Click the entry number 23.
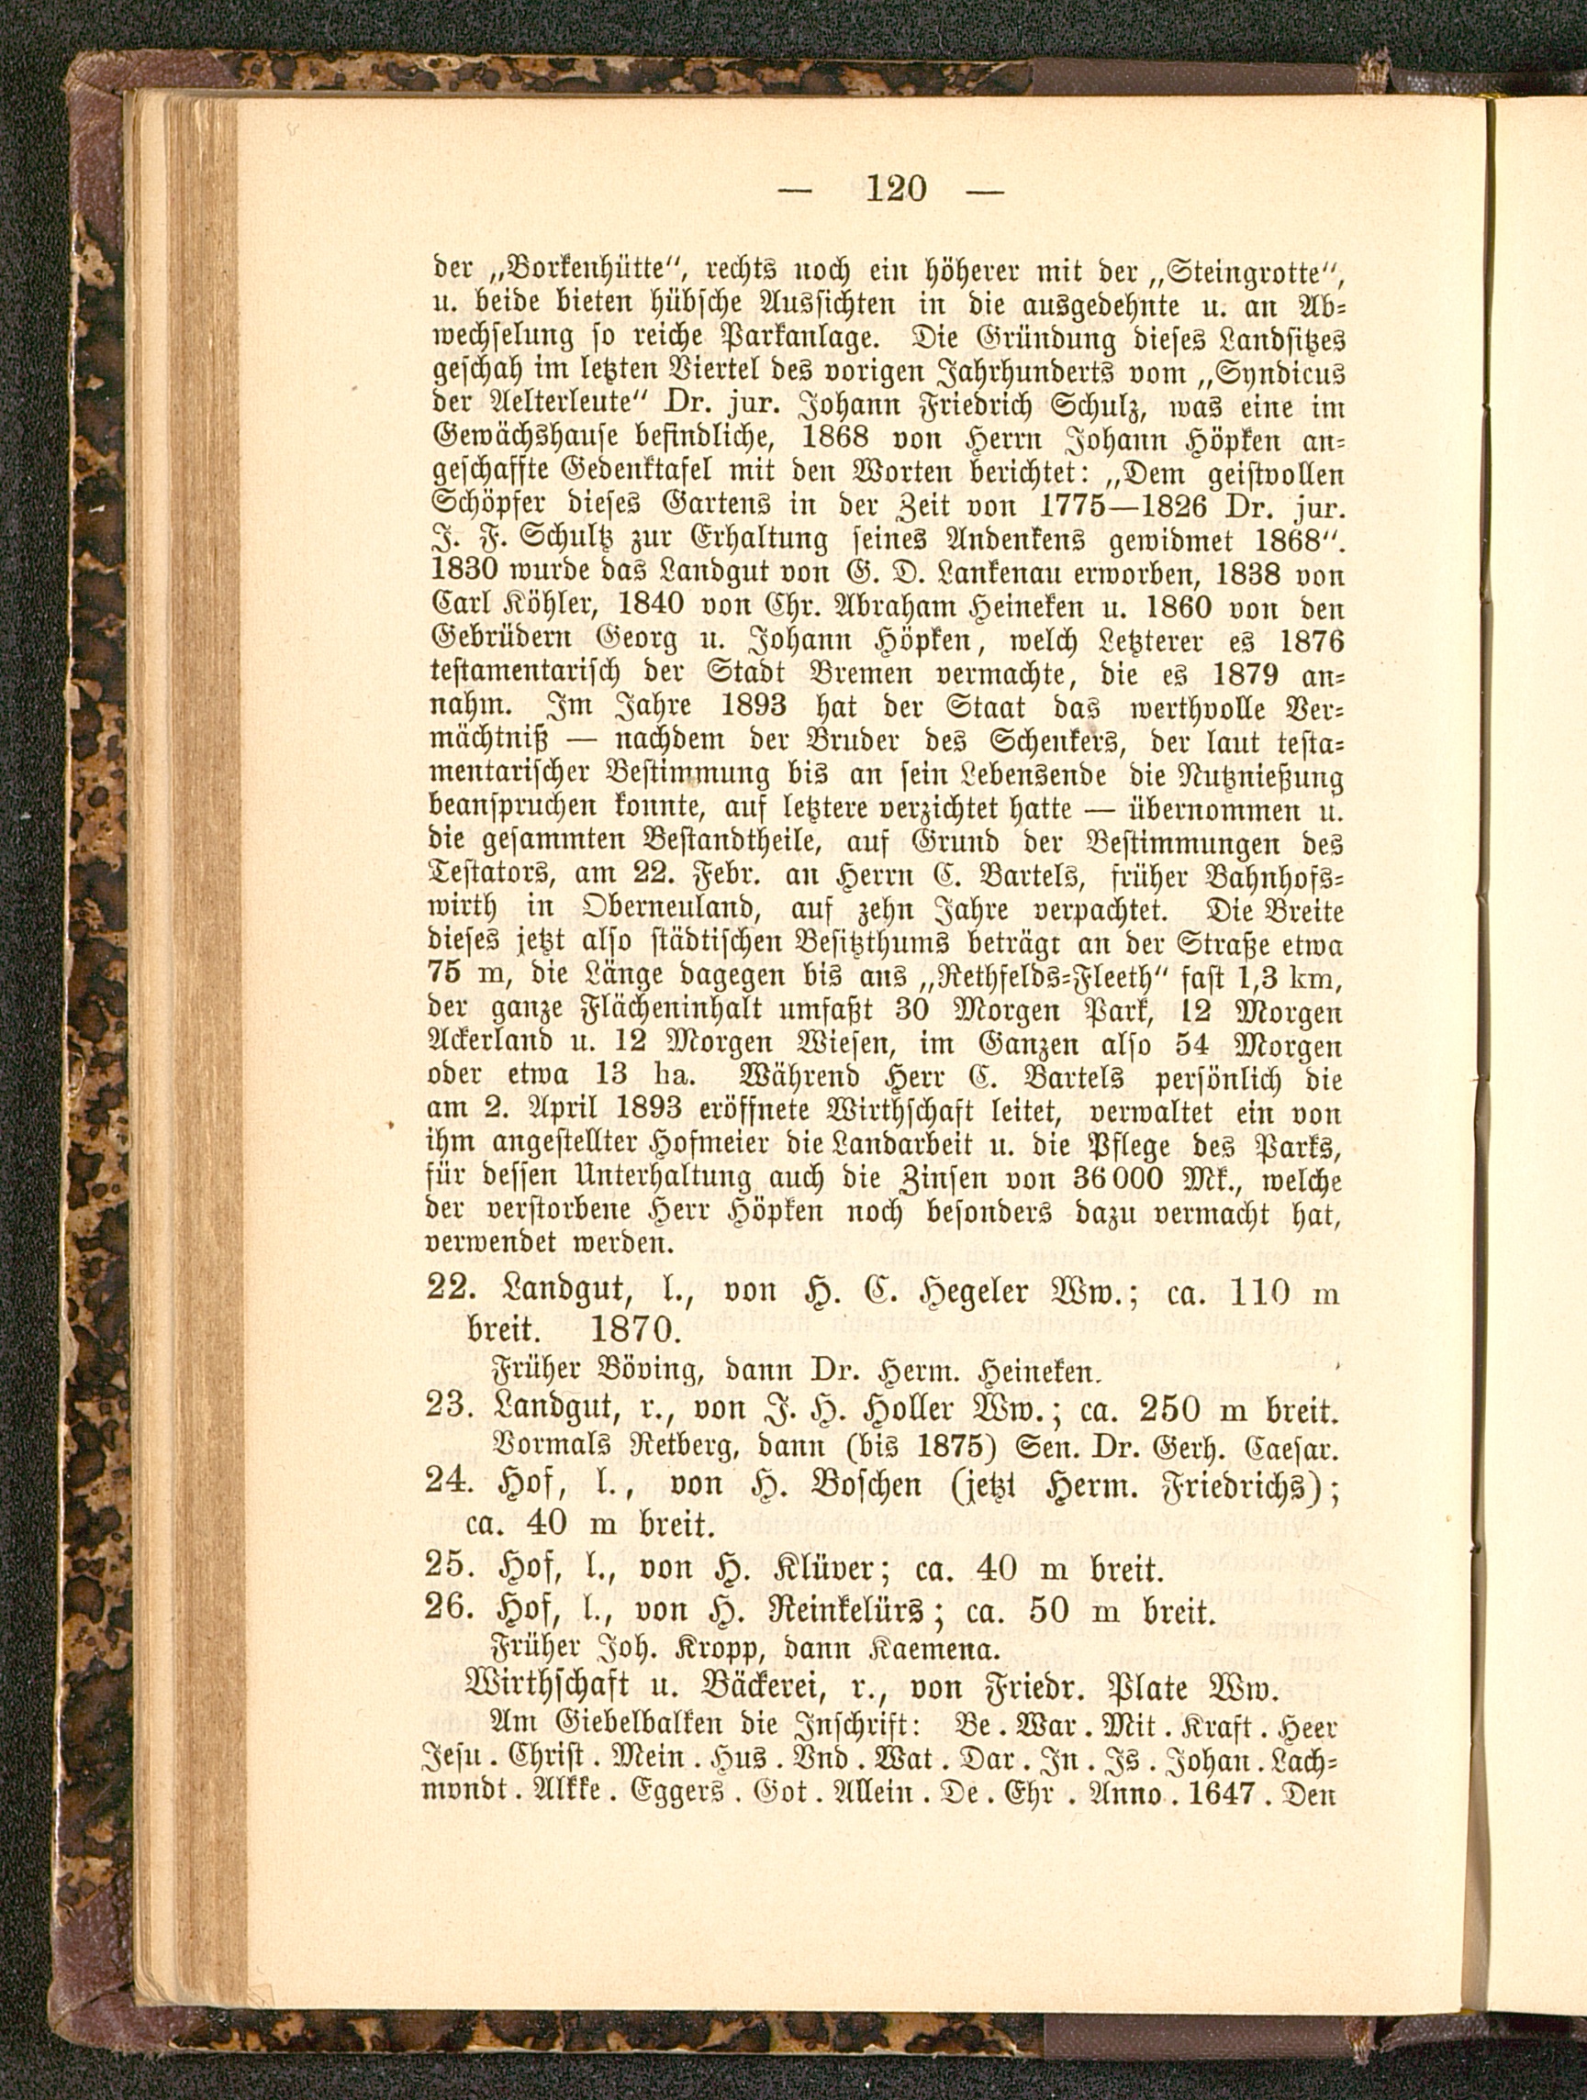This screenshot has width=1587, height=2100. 446,1412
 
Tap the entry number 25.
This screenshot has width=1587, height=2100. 446,1566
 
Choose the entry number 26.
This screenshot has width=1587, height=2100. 446,1611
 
